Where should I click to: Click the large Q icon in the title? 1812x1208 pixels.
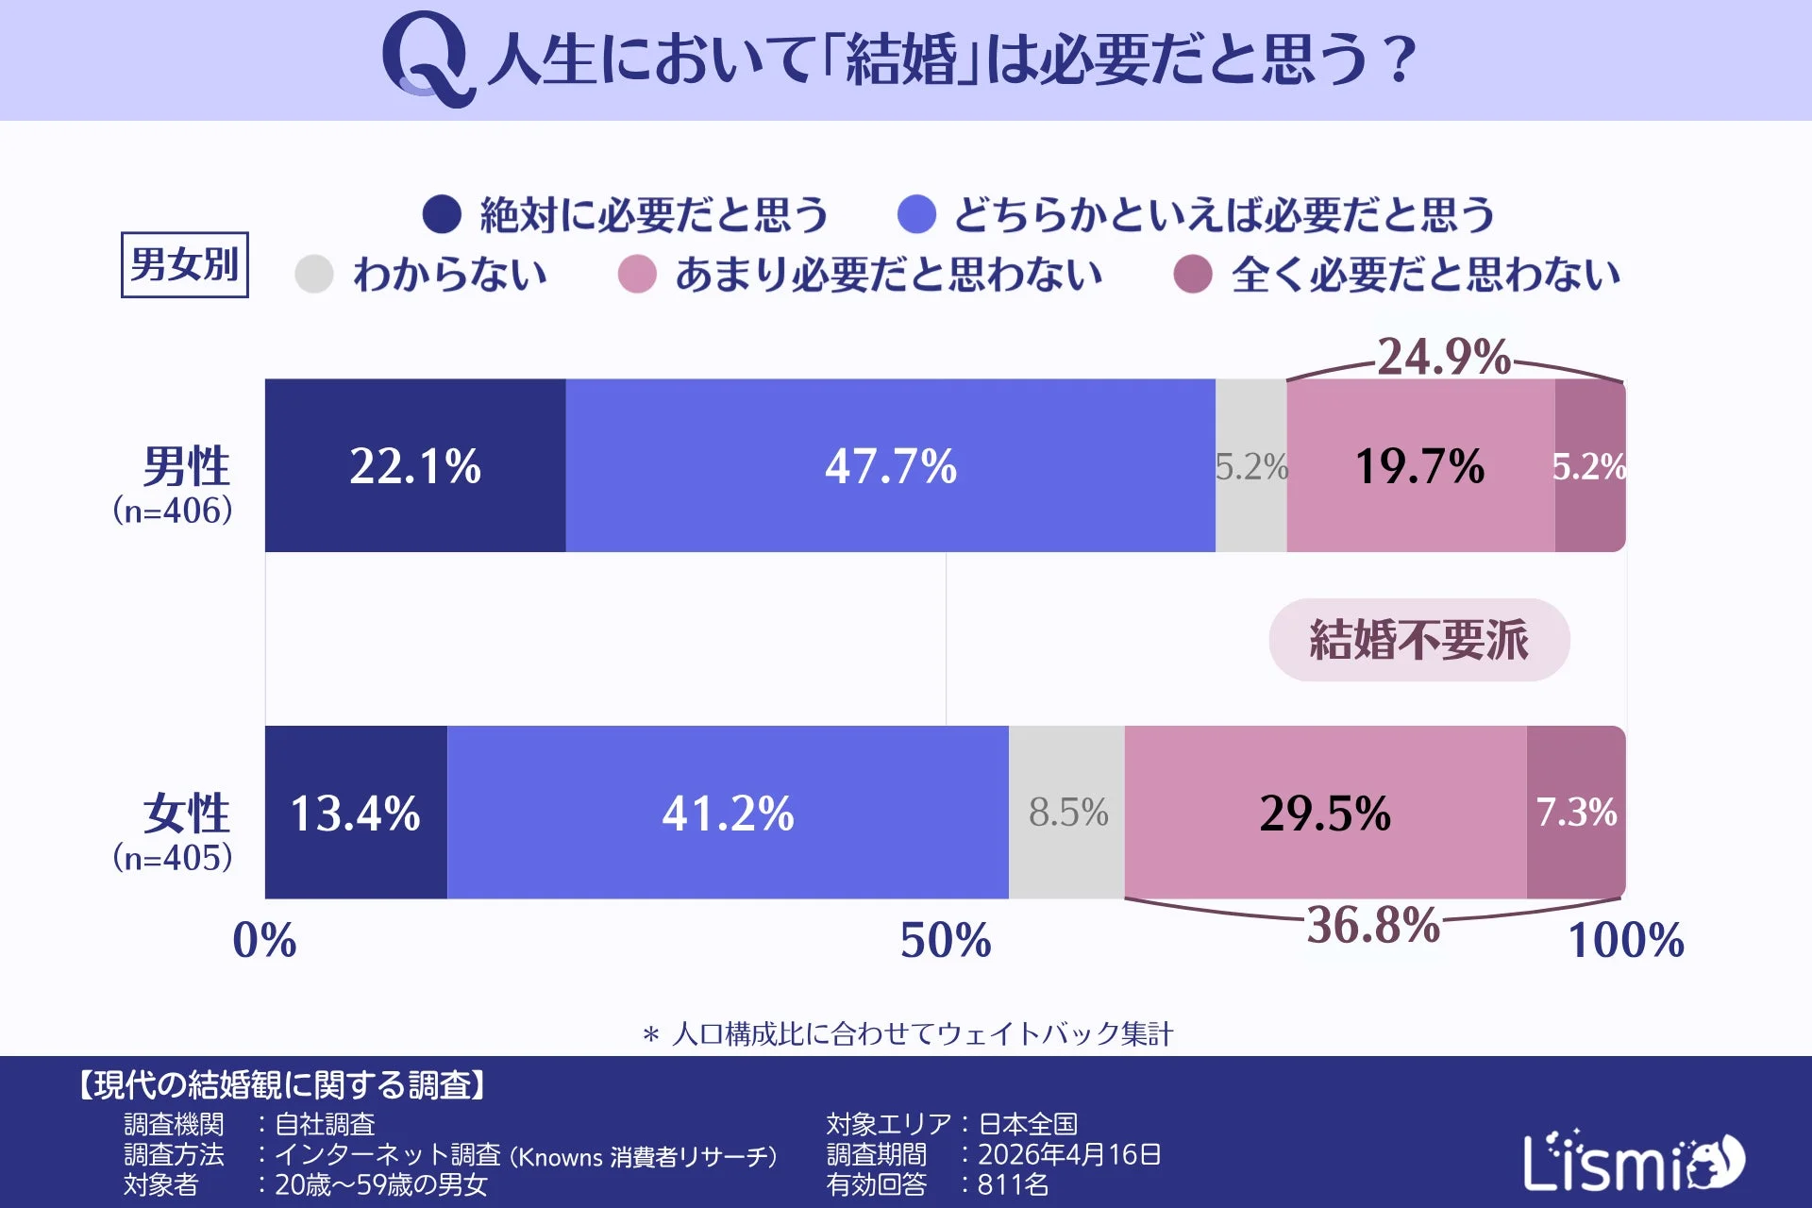[427, 59]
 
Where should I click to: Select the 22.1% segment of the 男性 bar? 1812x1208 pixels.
[415, 465]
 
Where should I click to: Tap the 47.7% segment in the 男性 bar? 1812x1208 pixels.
[890, 465]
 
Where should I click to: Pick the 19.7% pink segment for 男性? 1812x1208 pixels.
[1419, 465]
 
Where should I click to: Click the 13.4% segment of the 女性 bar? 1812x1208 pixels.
[356, 813]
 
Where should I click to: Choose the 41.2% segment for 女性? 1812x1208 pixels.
[728, 813]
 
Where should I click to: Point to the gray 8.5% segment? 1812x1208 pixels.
[1067, 813]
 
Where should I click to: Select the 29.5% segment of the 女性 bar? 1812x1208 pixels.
[1325, 813]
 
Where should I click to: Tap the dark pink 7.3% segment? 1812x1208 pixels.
[1576, 813]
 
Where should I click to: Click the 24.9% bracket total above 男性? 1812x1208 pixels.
[1444, 357]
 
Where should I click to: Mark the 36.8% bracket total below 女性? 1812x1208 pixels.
[1373, 925]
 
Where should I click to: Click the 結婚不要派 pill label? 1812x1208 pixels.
[1418, 640]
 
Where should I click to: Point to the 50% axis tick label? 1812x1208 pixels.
[946, 940]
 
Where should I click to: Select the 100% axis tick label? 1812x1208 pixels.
[1625, 940]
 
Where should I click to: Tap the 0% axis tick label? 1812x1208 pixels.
[264, 940]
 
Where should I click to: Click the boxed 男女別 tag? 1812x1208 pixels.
[185, 264]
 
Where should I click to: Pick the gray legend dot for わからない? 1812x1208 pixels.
[314, 275]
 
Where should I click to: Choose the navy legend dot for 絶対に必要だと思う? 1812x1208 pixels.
[442, 214]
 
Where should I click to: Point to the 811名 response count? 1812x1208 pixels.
[1013, 1184]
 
